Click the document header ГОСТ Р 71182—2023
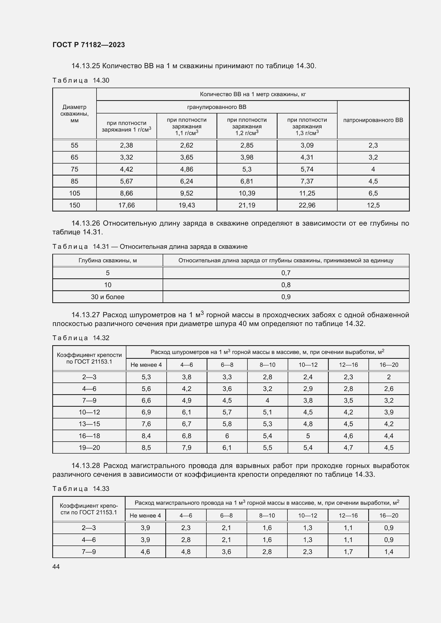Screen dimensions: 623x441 [89, 45]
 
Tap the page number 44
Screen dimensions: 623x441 [56, 566]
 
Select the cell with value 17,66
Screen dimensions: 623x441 [126, 205]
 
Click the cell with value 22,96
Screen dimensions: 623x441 [307, 205]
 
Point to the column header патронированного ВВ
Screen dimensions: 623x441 [373, 120]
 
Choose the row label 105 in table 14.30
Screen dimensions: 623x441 [74, 193]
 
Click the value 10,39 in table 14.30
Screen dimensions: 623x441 [247, 193]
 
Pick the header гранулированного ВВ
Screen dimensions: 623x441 [217, 107]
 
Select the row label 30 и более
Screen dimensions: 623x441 [107, 297]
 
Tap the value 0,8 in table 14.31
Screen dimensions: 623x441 [286, 285]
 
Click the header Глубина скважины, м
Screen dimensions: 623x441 [107, 260]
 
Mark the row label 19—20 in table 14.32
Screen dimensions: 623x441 [89, 447]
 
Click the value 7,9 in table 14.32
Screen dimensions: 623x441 [187, 447]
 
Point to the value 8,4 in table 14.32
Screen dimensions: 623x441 [146, 436]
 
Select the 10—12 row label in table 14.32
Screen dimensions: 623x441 [89, 412]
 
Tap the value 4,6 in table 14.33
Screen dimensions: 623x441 [145, 552]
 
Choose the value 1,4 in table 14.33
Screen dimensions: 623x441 [388, 552]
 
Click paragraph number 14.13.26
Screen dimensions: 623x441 [86, 223]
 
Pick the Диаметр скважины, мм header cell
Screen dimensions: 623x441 [74, 114]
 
